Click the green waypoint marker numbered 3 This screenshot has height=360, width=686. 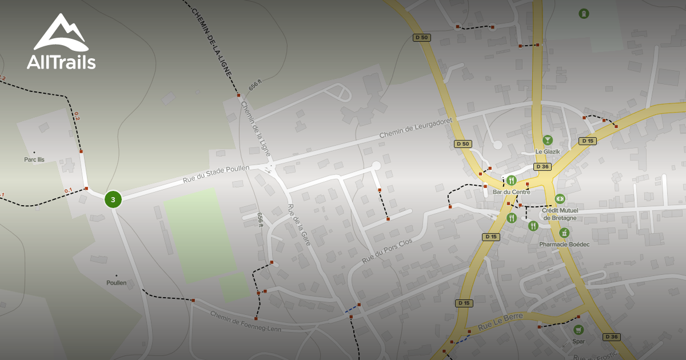(x=113, y=199)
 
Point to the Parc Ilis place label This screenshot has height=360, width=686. (x=34, y=159)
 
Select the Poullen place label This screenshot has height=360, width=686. (x=116, y=282)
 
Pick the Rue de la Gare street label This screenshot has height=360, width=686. (x=299, y=225)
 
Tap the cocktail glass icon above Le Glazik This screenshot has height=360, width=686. (x=548, y=140)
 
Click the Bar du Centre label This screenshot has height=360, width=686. (x=511, y=192)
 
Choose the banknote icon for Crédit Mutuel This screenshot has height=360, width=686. (x=560, y=198)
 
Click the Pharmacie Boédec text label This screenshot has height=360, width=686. (x=564, y=244)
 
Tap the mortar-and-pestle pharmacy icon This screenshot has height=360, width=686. (x=564, y=233)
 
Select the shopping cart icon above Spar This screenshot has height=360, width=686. (x=579, y=330)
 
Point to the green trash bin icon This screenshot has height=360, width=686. (x=583, y=13)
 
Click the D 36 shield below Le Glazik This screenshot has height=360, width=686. (x=542, y=167)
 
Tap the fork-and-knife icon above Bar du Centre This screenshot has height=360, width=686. (x=511, y=181)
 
